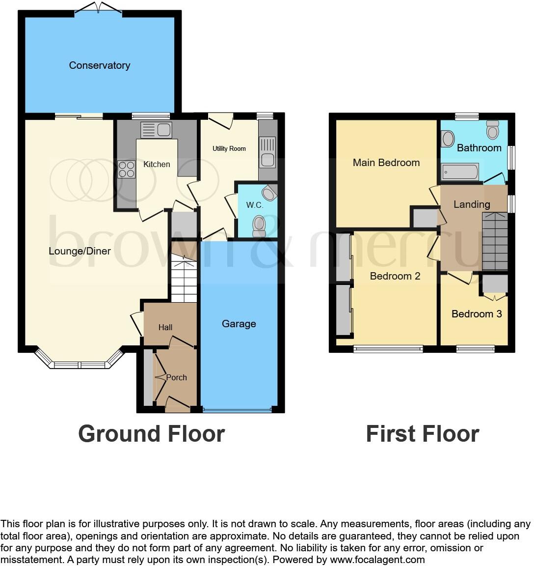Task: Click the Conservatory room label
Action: (x=99, y=65)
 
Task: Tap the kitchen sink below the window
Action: (x=156, y=130)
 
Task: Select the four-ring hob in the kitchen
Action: (x=126, y=169)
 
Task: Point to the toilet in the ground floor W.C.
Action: (x=259, y=225)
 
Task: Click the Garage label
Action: (x=239, y=324)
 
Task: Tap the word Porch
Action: (x=176, y=377)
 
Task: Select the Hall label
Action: (x=165, y=327)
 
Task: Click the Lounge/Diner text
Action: (x=80, y=251)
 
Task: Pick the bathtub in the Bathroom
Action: (x=460, y=171)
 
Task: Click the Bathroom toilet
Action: (x=492, y=130)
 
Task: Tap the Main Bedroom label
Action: (x=386, y=163)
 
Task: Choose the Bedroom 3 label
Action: (x=477, y=314)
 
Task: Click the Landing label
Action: (x=471, y=204)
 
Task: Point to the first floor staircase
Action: (x=494, y=242)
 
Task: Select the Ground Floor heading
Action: (x=151, y=434)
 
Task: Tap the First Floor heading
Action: (x=422, y=434)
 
